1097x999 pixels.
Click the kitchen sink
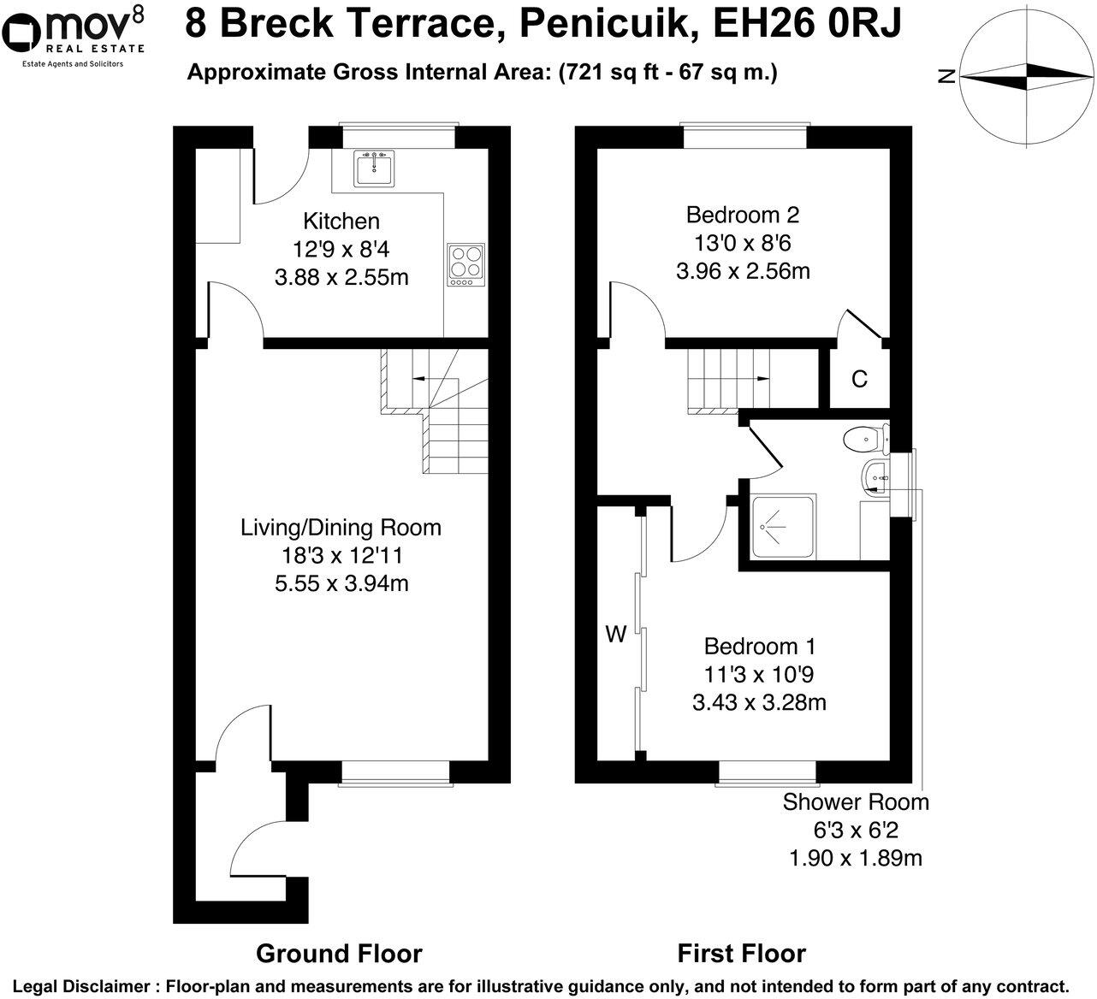[374, 168]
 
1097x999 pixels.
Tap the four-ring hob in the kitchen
[465, 264]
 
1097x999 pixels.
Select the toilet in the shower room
[866, 439]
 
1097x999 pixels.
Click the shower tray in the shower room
[783, 527]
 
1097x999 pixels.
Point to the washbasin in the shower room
[875, 478]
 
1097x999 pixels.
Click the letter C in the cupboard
[859, 379]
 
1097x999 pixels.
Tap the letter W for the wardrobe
[616, 635]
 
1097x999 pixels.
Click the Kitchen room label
[341, 221]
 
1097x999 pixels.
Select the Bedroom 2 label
[743, 215]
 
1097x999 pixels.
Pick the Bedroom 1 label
[760, 647]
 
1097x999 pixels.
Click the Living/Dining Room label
[341, 528]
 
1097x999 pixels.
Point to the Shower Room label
[856, 802]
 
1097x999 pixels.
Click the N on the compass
[946, 75]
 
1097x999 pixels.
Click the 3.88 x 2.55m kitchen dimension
[341, 277]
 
